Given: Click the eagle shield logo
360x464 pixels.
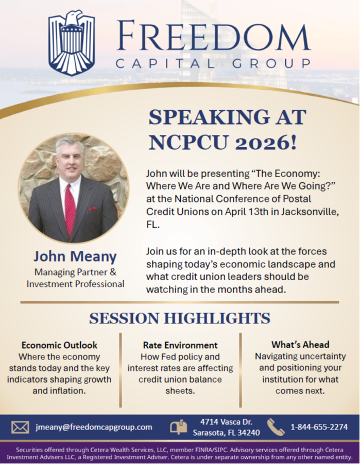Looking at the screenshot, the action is tap(72, 43).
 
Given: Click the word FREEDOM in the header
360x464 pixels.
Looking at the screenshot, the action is tap(213, 36).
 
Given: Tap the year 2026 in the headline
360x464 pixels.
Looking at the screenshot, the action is tap(266, 142).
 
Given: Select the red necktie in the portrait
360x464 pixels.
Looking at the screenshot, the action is tap(70, 210).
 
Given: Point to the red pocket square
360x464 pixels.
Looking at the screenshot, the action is tap(93, 209).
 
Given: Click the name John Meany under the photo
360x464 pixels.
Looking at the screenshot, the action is tap(75, 256).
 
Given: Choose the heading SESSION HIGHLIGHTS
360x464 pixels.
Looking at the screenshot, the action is tap(180, 318).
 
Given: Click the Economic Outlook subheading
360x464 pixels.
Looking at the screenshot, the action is tap(59, 345).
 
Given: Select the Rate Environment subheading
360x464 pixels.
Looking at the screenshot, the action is tap(180, 345).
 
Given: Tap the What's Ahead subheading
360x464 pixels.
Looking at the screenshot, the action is tap(300, 345).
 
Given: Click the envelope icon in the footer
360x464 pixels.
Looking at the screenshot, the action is tap(20, 427).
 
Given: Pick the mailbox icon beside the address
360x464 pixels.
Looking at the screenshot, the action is tap(179, 427).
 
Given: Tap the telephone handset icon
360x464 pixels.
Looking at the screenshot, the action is tap(276, 427).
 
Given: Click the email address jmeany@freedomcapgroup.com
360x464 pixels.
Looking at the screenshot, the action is tap(94, 427).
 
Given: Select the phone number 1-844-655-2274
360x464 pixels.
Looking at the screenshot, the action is tap(319, 427).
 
